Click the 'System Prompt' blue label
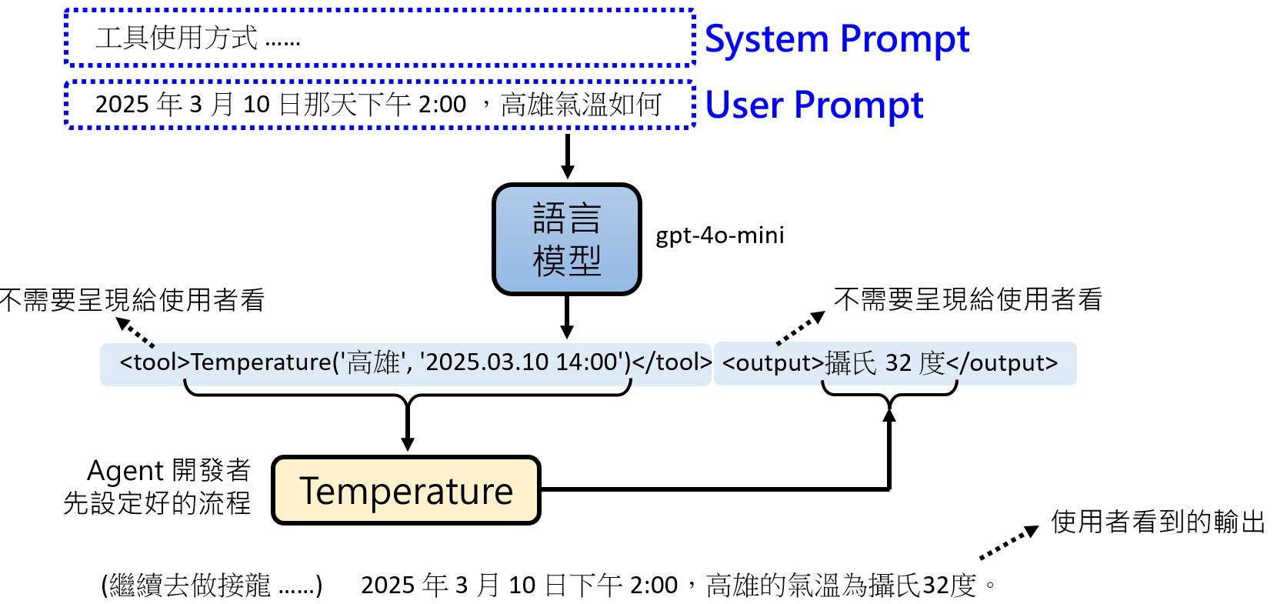point(836,39)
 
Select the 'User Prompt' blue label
point(813,105)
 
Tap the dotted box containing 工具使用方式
point(379,38)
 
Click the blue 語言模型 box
point(567,239)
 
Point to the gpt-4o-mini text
point(719,235)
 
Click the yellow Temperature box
point(406,491)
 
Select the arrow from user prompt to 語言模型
point(568,156)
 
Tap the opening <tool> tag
point(155,362)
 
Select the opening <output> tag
point(772,363)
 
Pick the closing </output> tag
point(1002,363)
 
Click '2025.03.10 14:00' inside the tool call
point(522,362)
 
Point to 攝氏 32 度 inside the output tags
point(885,363)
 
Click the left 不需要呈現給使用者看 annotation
point(132,300)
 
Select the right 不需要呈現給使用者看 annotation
point(968,299)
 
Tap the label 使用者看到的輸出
point(1158,522)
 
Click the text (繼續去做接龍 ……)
point(212,586)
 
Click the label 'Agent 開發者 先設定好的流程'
point(158,486)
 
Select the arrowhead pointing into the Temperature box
point(408,445)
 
